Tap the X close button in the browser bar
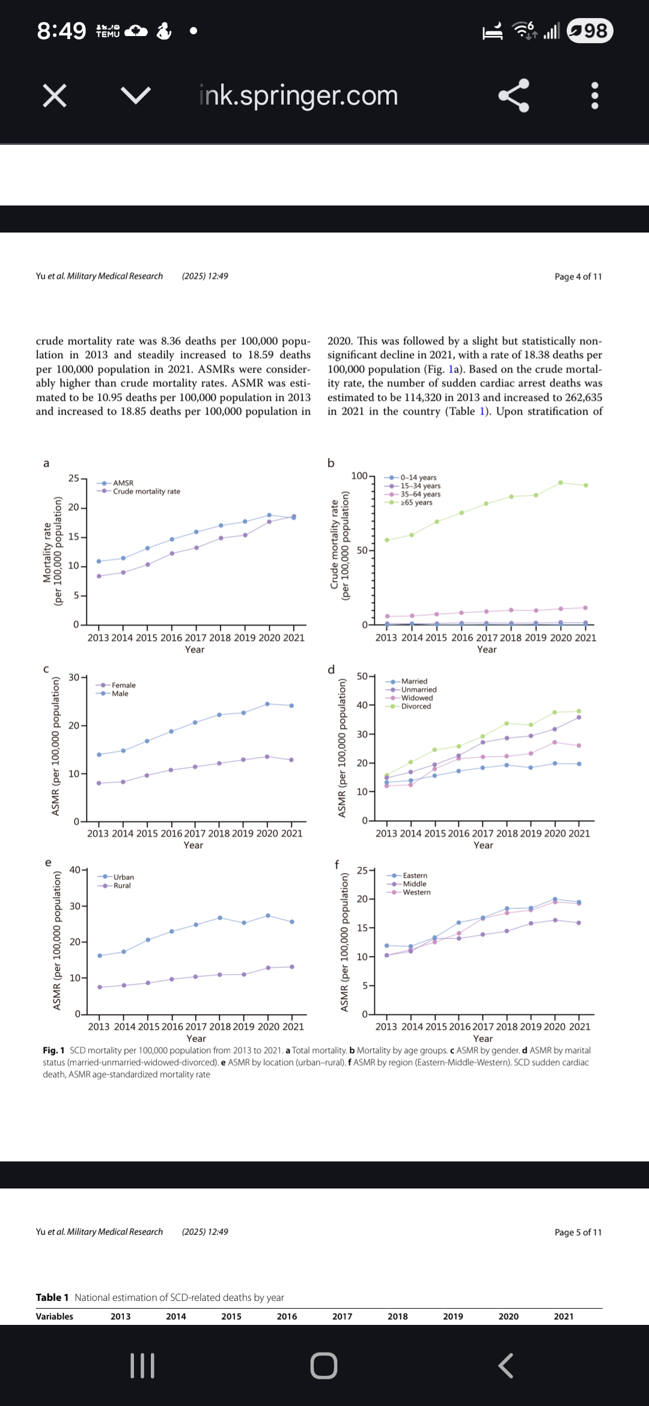(x=55, y=96)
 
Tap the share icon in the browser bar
(x=514, y=96)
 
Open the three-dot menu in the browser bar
(x=595, y=96)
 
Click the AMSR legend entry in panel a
(x=123, y=483)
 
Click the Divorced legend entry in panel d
(x=416, y=707)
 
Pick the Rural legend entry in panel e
(x=121, y=886)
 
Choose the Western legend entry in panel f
(x=416, y=892)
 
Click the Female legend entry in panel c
(x=123, y=686)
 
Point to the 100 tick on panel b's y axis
(x=359, y=476)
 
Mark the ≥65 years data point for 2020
(x=561, y=482)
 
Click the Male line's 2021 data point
(x=291, y=705)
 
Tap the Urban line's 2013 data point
(x=100, y=955)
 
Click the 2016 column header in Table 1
(x=287, y=1316)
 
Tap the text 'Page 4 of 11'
(x=577, y=276)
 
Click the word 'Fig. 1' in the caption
(x=53, y=1050)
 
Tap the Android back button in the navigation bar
(x=506, y=1366)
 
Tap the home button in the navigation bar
(x=324, y=1366)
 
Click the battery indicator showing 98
(x=590, y=31)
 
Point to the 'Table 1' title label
(x=52, y=1297)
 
